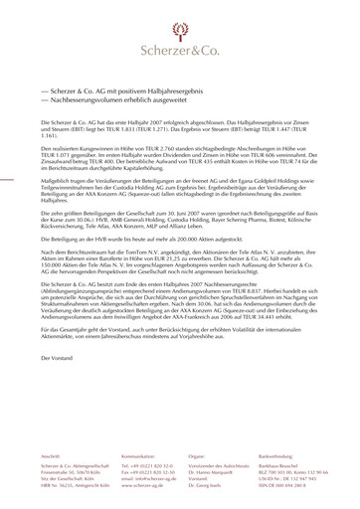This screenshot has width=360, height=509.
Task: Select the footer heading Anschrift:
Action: pyautogui.click(x=51, y=454)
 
